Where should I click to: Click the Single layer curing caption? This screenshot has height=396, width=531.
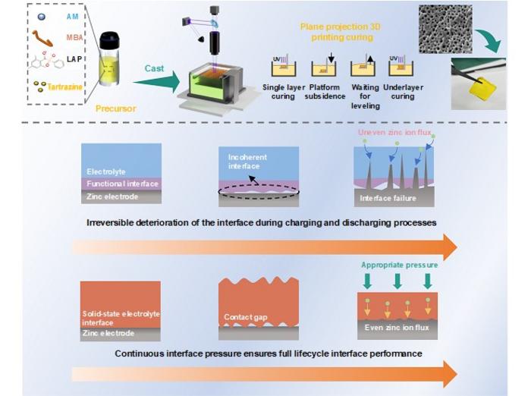point(283,92)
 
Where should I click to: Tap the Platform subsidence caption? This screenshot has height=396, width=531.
point(325,92)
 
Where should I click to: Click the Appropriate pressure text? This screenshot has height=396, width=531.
point(401,266)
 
